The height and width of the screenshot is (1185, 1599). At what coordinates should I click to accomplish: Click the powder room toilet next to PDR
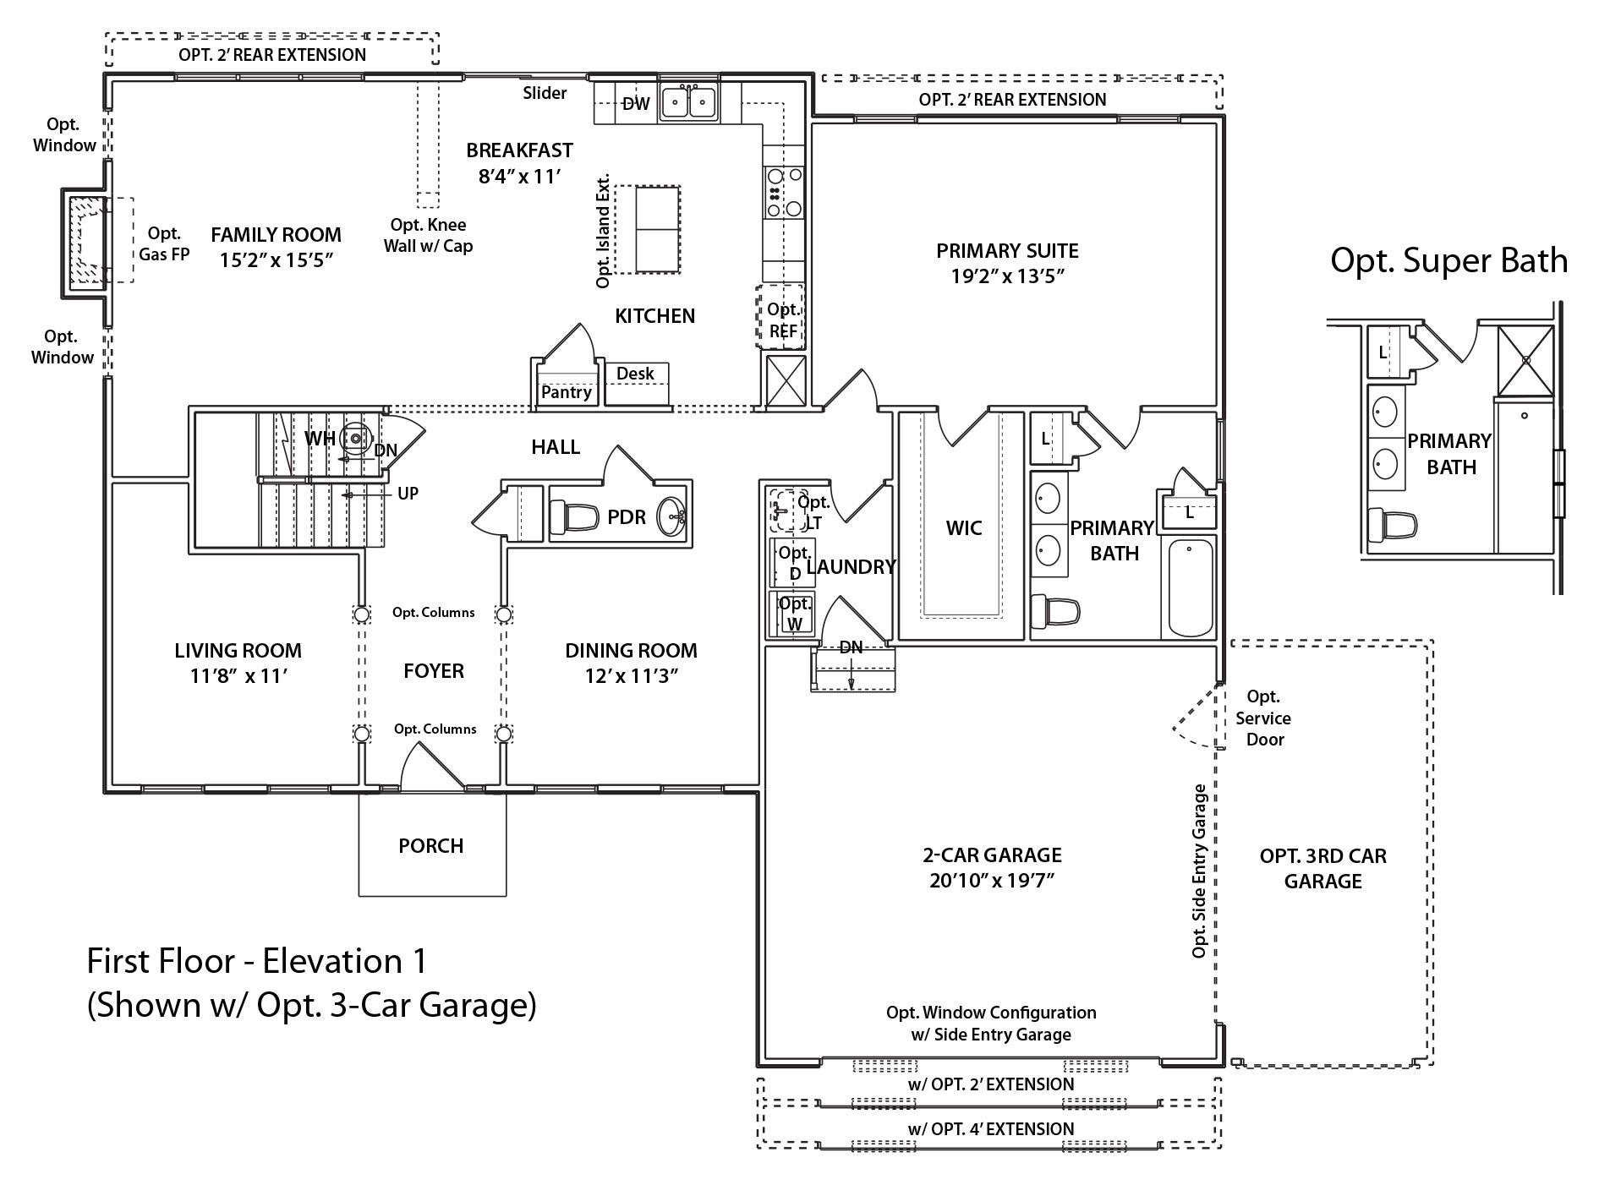coord(569,514)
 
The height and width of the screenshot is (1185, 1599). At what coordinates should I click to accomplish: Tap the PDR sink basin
coord(673,513)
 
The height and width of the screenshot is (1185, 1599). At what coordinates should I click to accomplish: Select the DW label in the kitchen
coord(636,104)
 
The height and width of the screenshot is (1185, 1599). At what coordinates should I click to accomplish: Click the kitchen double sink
coord(689,103)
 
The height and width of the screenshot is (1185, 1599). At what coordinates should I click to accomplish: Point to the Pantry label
coord(567,392)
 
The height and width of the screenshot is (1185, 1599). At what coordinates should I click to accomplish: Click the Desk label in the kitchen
coord(635,374)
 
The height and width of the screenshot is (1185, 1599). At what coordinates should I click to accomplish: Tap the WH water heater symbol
coord(355,438)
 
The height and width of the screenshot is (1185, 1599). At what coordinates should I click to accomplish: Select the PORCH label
coord(431,846)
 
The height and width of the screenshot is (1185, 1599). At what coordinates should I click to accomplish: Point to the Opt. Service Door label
coord(1263,718)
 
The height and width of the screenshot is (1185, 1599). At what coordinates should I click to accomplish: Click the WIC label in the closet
coord(964,529)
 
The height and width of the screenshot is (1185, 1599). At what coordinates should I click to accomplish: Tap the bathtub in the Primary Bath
coord(1190,587)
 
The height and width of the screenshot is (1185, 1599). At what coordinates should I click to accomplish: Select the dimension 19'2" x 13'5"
coord(1007,276)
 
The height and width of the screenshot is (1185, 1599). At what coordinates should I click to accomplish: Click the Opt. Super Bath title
coord(1448,260)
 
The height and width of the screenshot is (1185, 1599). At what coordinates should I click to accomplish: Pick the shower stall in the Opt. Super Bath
coord(1526,358)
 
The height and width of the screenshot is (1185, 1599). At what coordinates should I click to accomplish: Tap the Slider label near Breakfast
coord(545,93)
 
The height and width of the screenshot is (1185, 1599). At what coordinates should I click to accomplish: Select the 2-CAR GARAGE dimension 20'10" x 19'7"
coord(992,881)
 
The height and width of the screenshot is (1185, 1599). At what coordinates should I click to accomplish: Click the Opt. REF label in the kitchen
coord(783,320)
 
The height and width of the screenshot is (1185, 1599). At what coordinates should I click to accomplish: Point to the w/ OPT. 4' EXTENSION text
coord(991,1129)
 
